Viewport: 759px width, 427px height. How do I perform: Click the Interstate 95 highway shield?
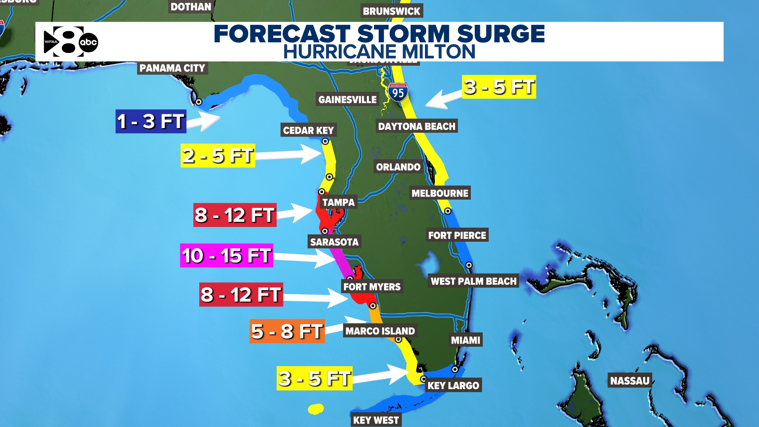[x=398, y=93]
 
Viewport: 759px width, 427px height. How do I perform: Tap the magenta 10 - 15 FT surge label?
[x=227, y=256]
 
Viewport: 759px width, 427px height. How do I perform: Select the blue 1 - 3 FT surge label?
[x=151, y=121]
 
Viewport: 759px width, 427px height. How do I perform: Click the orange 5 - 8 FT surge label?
[x=287, y=331]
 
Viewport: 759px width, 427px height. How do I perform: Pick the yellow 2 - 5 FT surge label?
[x=217, y=156]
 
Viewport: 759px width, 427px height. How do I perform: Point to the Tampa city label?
[x=338, y=202]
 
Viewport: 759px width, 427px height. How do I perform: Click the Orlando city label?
[x=398, y=167]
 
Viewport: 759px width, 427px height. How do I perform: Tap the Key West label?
[x=376, y=420]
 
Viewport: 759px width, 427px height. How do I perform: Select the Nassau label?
[x=630, y=381]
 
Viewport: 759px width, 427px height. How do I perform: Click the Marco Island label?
[x=380, y=331]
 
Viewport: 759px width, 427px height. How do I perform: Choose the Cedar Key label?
[x=308, y=130]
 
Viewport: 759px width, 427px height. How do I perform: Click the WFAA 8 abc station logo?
[x=70, y=42]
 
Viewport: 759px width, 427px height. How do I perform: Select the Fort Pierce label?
[x=457, y=235]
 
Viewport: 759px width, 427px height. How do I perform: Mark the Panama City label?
[x=172, y=68]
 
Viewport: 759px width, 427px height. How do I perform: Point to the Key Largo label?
[x=453, y=385]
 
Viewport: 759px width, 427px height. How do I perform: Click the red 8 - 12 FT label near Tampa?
[x=234, y=215]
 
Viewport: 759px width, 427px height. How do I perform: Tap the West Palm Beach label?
[x=473, y=281]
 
